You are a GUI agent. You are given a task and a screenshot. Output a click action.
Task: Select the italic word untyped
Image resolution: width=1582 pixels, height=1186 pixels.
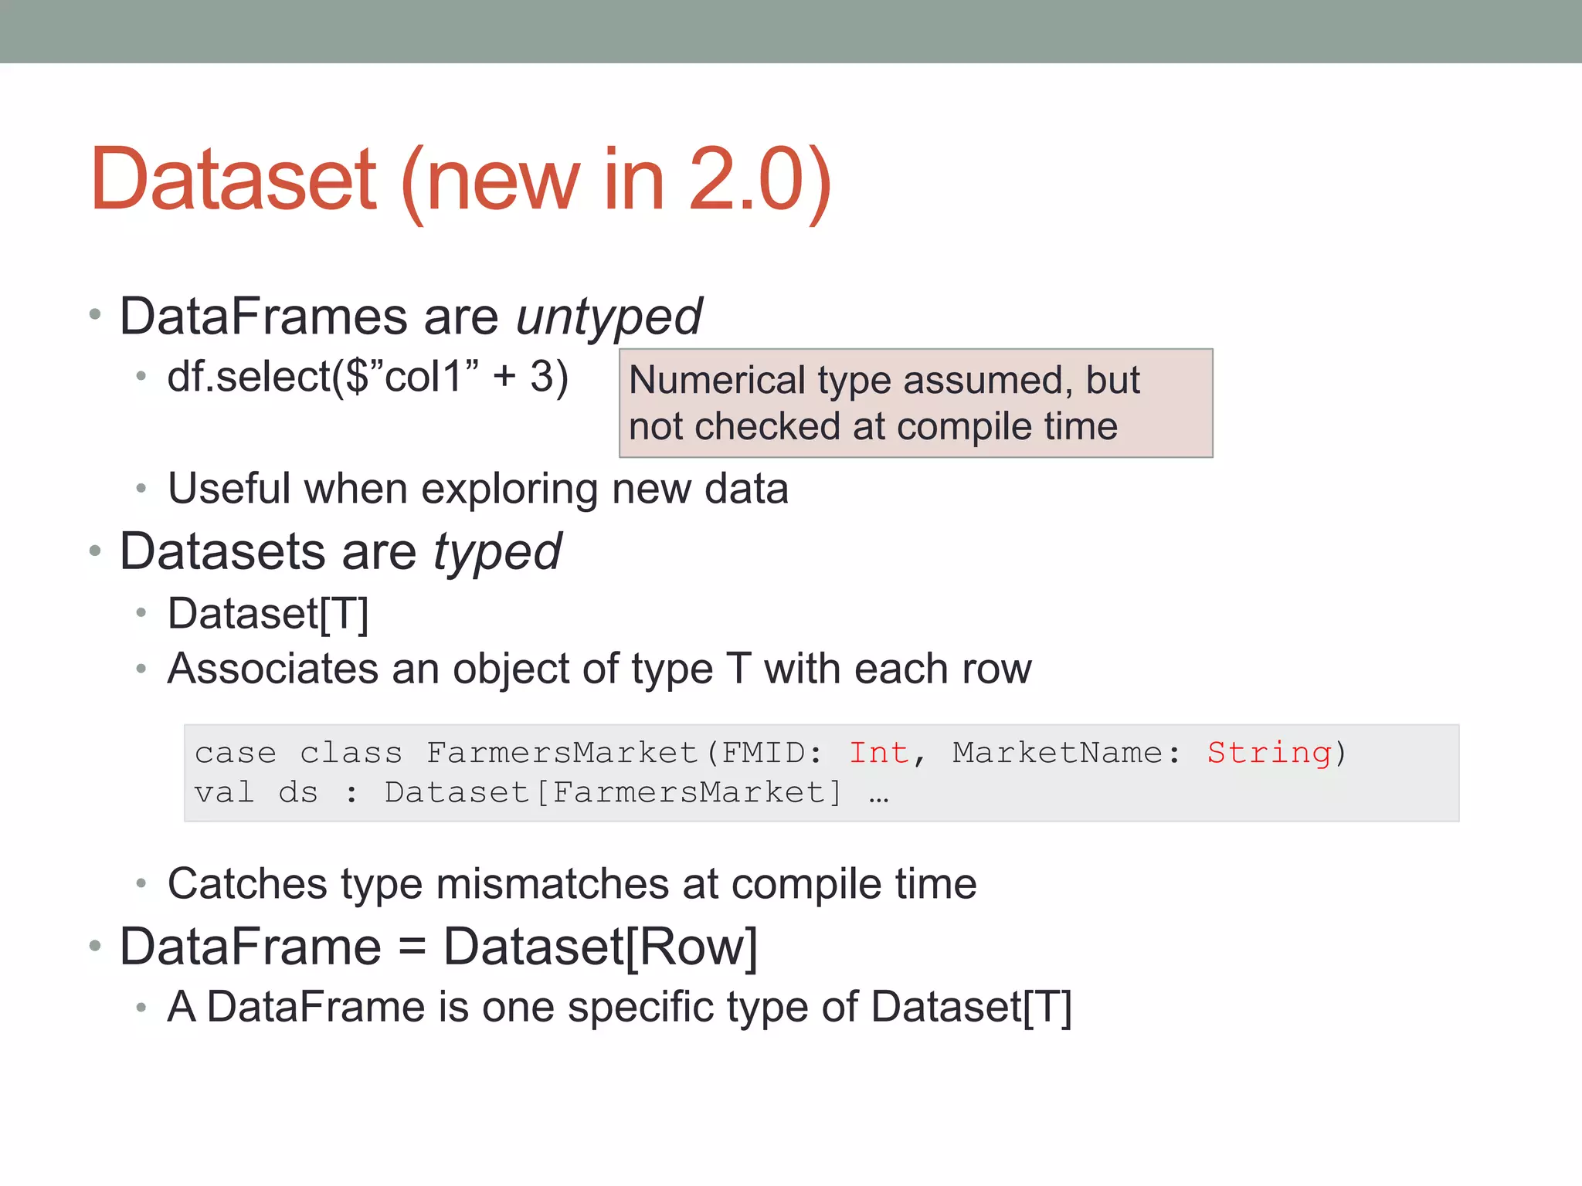click(609, 317)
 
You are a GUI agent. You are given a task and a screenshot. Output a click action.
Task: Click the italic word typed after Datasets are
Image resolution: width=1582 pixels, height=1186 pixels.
click(497, 553)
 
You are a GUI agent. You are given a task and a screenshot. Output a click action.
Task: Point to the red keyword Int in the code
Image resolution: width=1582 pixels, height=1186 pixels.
click(879, 752)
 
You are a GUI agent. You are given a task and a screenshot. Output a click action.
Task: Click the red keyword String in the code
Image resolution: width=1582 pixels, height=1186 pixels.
click(1270, 752)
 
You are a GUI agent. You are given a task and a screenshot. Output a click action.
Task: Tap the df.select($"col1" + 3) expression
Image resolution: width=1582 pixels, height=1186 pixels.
click(368, 377)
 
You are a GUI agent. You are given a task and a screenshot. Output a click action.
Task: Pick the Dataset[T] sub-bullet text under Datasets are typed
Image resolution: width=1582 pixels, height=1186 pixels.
click(268, 615)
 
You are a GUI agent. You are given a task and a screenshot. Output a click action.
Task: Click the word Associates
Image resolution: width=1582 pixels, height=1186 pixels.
click(273, 669)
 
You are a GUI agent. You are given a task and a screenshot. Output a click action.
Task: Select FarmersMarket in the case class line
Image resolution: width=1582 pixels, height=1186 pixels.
click(562, 752)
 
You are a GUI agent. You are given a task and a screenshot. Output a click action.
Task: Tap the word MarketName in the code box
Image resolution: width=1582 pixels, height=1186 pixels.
click(1057, 752)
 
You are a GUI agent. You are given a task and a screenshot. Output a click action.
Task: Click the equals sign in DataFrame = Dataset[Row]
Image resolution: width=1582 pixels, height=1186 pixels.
click(412, 947)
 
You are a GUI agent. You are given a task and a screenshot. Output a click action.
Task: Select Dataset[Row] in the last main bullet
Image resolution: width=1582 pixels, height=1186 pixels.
click(600, 947)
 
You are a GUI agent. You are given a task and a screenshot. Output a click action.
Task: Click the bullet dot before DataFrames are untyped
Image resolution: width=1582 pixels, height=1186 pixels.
click(95, 314)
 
